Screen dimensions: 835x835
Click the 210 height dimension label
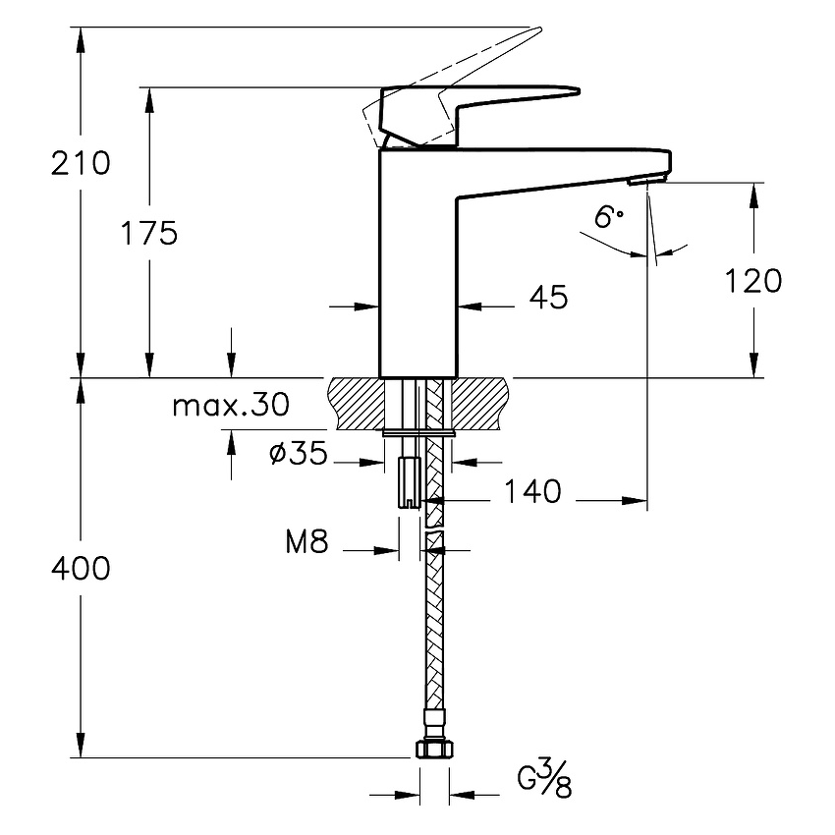[x=81, y=163]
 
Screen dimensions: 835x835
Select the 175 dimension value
[x=149, y=233]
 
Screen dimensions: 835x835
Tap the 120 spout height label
[x=753, y=281]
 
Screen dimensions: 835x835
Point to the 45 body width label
[x=548, y=297]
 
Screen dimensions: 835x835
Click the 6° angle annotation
[x=608, y=217]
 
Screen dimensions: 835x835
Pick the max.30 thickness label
[x=231, y=406]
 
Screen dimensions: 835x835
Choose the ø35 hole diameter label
[x=299, y=454]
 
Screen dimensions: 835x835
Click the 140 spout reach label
[x=532, y=491]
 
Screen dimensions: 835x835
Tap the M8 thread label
[x=306, y=541]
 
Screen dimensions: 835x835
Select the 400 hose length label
[x=81, y=568]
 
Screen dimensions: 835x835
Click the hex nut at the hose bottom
[x=434, y=750]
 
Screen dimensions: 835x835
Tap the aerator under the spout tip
[x=646, y=181]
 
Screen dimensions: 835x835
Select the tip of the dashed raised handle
[x=539, y=29]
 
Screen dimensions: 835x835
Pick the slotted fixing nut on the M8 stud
[x=410, y=482]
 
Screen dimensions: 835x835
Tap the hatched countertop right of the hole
[x=480, y=403]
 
